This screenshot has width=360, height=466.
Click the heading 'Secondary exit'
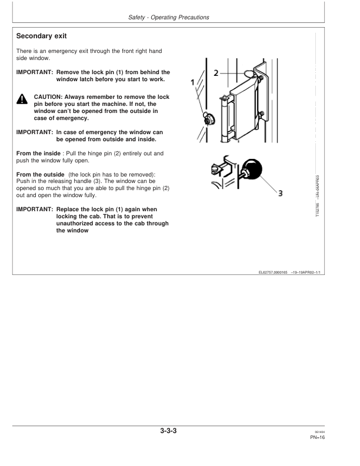tap(45, 36)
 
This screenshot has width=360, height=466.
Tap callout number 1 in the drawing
tap(194, 82)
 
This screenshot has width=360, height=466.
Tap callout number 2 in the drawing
tap(216, 72)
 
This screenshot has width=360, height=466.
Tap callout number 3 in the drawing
tap(281, 193)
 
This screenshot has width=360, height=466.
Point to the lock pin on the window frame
tap(208, 117)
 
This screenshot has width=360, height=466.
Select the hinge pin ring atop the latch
tap(249, 73)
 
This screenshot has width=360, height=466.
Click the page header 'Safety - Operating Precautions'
tap(168, 18)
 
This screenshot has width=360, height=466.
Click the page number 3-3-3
tap(168, 431)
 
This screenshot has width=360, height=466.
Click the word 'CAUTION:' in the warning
tap(48, 96)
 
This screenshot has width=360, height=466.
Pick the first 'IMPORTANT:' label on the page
tap(34, 72)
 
